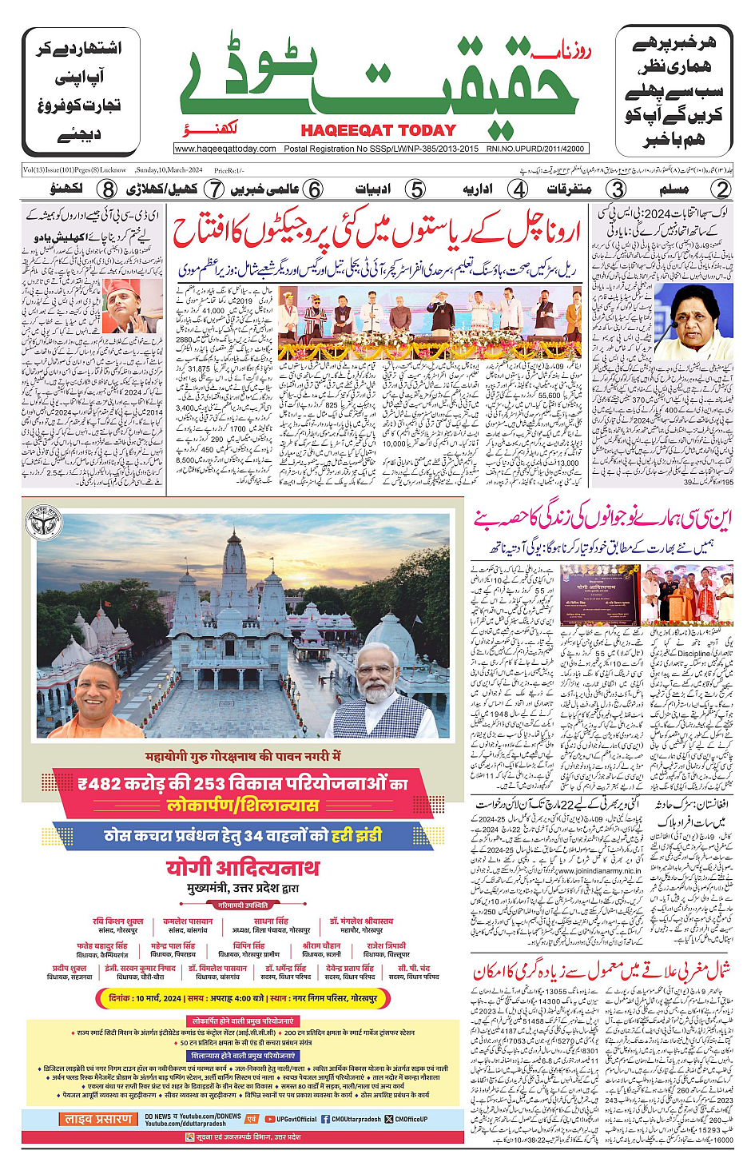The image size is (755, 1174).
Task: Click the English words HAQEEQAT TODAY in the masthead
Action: tap(378, 130)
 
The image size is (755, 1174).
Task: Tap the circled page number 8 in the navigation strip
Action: tap(108, 189)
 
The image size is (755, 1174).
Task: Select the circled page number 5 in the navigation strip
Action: tap(415, 189)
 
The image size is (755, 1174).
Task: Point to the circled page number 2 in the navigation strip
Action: tap(721, 189)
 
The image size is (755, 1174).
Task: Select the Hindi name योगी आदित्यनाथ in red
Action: tap(242, 868)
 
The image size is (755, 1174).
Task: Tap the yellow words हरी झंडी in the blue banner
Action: tap(357, 835)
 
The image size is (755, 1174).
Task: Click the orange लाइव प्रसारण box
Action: tap(99, 1119)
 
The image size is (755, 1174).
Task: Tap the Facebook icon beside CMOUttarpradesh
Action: tap(325, 1119)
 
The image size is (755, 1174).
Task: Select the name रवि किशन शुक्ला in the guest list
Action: tap(118, 921)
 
